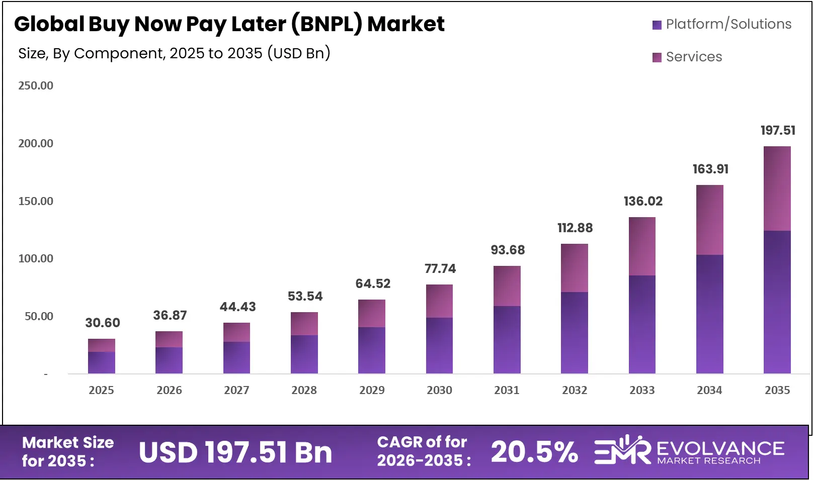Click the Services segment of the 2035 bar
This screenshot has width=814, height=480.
pos(777,188)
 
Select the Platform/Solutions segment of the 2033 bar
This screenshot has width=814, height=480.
pos(642,324)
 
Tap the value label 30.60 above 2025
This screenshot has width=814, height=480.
pos(103,323)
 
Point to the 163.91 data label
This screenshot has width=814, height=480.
pos(710,169)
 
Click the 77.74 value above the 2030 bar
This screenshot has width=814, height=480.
pos(440,269)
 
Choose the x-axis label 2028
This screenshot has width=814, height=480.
pos(304,390)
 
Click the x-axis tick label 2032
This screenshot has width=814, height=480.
pos(574,390)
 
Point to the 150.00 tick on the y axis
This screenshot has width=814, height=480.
pos(36,201)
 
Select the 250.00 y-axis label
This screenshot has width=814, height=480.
pos(36,85)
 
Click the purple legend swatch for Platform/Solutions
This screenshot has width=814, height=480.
pos(657,25)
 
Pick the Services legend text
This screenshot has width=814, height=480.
pos(694,57)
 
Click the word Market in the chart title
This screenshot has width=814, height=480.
pos(405,24)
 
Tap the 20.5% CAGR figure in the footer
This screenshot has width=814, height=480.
pos(534,451)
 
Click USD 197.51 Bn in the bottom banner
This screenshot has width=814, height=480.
pos(235,452)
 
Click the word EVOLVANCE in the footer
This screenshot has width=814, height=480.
pos(720,448)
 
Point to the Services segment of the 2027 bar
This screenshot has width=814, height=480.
pos(236,332)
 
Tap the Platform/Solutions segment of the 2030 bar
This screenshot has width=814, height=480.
pos(439,345)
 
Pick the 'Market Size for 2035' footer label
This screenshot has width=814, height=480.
pos(67,451)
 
